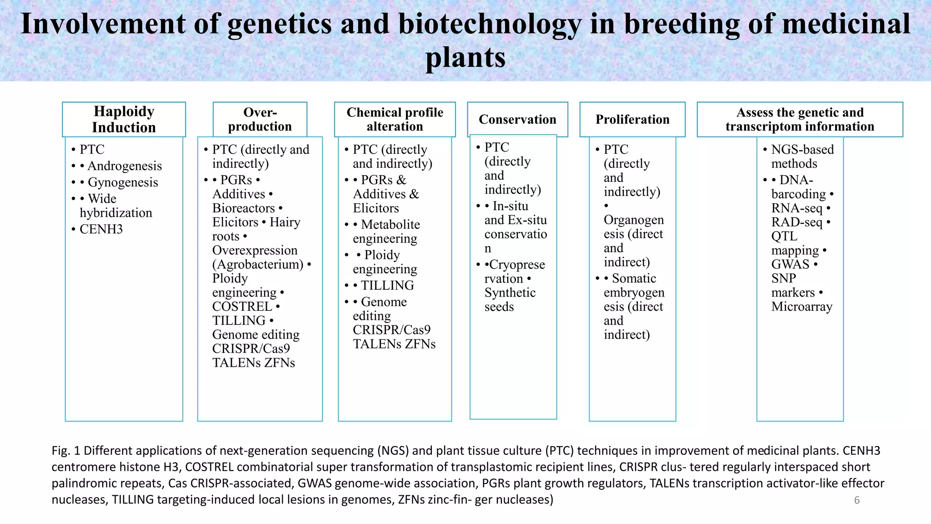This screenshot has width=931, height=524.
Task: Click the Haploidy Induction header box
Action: point(124,119)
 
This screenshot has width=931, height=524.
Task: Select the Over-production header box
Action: point(260,119)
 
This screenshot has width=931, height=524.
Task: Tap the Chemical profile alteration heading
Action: point(395,119)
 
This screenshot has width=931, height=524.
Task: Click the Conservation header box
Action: point(517,119)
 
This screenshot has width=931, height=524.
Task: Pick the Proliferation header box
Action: point(632,119)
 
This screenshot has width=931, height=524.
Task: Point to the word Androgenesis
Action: point(125,166)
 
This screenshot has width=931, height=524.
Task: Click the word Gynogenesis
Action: point(123,182)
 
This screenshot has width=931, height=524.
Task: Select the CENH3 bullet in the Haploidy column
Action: point(101,229)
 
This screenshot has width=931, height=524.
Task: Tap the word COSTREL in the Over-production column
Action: point(242,307)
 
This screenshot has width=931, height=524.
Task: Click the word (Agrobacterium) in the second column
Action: point(258,264)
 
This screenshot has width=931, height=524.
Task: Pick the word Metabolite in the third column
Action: point(390,225)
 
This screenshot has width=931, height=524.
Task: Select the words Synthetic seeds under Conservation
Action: point(510,300)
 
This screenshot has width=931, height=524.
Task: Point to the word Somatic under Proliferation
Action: point(634,278)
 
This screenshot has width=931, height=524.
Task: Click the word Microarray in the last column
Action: point(801,307)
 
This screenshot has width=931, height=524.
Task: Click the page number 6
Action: point(856,500)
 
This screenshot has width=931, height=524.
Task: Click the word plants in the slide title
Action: point(465,58)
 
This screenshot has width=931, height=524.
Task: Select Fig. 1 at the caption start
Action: point(66,451)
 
